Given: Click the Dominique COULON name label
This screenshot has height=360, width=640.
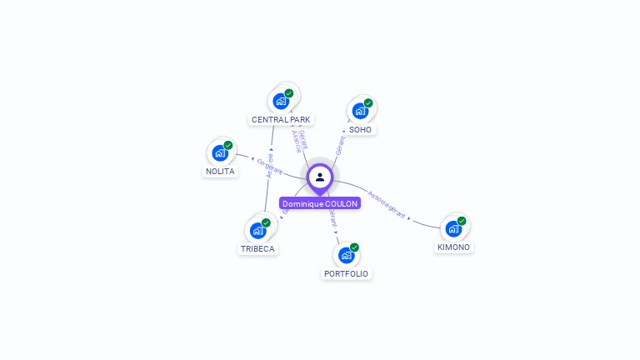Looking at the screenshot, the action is tap(320, 203).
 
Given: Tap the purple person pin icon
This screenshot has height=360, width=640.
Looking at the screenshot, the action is tap(320, 177).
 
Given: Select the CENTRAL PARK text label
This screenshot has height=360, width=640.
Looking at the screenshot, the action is tap(281, 120).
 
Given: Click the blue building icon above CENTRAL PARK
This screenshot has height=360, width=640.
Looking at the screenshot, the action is tap(281, 101).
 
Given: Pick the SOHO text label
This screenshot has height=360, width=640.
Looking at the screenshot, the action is tap(361, 130).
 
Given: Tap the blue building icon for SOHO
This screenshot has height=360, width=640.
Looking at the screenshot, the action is tap(360, 111).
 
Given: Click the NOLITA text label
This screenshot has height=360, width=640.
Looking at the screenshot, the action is tap(220, 172).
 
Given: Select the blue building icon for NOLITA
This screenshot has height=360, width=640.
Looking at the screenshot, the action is tap(220, 152).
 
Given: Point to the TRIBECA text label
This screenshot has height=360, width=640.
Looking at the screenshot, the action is tap(257, 249).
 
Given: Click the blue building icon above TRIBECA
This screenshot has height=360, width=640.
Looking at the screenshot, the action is tap(257, 230).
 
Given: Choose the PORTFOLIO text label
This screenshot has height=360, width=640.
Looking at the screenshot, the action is tap(346, 274).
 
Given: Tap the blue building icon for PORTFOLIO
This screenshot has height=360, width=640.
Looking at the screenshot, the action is tap(346, 255).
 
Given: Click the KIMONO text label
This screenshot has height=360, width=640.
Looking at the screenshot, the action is tap(453, 247).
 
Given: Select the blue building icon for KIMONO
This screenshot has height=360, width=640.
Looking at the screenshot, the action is tap(453, 228).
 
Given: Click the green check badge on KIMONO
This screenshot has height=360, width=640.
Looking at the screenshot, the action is tap(462, 221).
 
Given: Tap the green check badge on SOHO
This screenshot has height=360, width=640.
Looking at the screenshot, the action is tap(368, 103).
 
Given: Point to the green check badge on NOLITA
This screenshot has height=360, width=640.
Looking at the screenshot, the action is tap(228, 145).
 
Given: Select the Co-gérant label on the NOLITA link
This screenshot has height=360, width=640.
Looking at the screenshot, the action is tap(269, 167).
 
